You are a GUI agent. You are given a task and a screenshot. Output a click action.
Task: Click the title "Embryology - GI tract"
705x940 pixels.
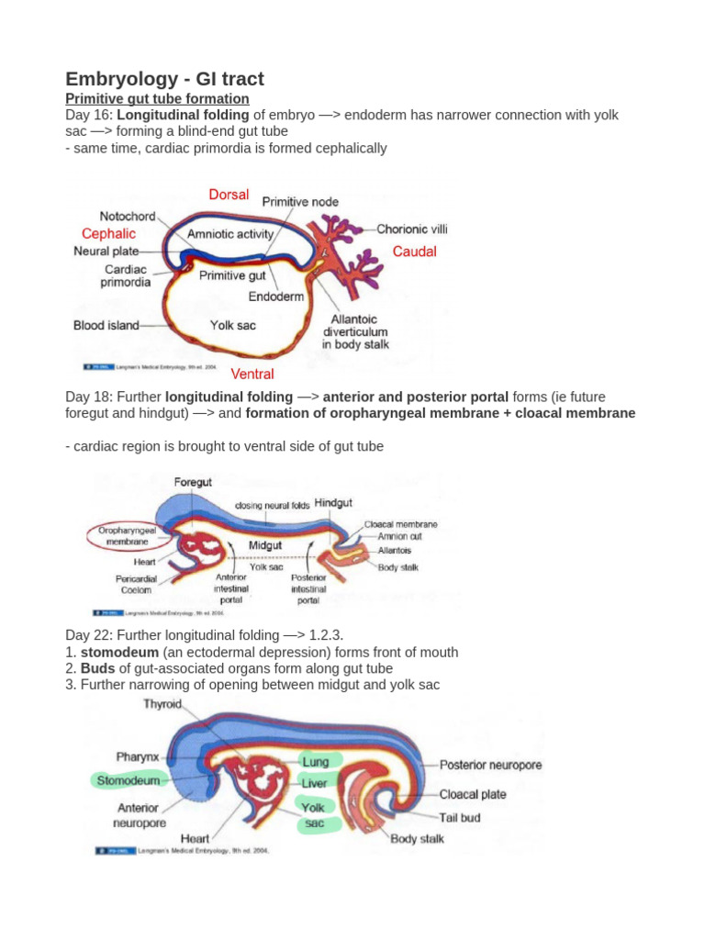[164, 79]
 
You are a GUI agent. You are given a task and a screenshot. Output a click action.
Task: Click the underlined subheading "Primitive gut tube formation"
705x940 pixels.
[157, 98]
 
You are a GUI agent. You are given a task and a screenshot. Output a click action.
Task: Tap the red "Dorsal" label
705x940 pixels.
[229, 195]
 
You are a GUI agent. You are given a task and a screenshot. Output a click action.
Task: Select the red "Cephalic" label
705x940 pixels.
[108, 234]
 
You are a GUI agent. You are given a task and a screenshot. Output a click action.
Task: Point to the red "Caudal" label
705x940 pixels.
[415, 252]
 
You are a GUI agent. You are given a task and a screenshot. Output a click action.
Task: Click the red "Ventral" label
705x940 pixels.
[252, 374]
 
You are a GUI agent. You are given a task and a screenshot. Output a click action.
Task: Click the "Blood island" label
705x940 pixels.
[106, 325]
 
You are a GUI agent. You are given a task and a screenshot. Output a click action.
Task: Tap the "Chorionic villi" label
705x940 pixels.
[412, 229]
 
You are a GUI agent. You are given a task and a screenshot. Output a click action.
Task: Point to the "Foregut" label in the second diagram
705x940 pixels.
[193, 482]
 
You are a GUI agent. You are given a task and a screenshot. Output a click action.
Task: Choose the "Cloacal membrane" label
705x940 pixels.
[401, 524]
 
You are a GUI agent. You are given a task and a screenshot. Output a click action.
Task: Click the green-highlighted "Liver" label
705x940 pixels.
[314, 783]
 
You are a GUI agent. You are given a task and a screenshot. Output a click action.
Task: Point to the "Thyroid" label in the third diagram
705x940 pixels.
[162, 705]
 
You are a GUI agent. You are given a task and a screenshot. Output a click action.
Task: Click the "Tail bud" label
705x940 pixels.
[460, 817]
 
